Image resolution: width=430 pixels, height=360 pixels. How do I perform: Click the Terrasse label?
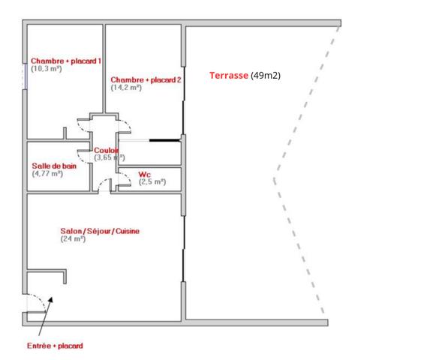click(x=228, y=76)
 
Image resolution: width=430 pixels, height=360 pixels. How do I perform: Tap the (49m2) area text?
click(x=265, y=76)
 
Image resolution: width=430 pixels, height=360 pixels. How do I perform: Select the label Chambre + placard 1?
click(x=65, y=61)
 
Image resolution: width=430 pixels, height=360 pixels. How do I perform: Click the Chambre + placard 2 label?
click(x=146, y=79)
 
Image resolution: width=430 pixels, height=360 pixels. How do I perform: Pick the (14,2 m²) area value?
click(x=126, y=88)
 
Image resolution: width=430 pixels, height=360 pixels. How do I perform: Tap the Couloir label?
click(x=106, y=150)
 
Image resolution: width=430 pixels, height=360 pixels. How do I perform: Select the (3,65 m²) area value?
click(x=109, y=157)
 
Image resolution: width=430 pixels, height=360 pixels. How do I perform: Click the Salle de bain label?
click(x=54, y=166)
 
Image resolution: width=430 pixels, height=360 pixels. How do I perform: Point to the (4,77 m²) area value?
click(x=48, y=173)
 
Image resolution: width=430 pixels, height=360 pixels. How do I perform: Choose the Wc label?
click(x=144, y=174)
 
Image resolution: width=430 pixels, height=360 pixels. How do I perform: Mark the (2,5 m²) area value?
click(x=152, y=181)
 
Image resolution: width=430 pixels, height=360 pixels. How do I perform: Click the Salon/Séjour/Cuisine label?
click(x=100, y=231)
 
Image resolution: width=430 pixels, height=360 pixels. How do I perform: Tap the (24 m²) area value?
click(x=74, y=238)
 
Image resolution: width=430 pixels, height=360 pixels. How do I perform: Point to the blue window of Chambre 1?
click(x=25, y=76)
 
